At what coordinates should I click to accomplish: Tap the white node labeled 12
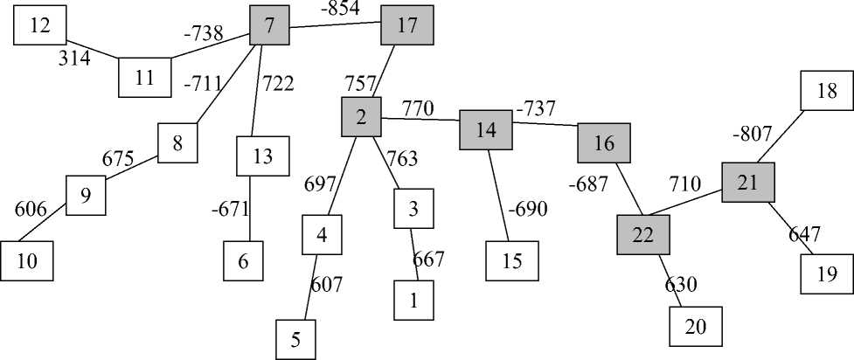(x=39, y=25)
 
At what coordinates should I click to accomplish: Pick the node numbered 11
(x=144, y=77)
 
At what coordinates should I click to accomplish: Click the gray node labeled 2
(x=361, y=117)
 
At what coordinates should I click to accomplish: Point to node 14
(x=486, y=130)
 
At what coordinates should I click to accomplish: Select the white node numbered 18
(x=827, y=92)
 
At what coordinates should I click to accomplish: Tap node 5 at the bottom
(x=295, y=340)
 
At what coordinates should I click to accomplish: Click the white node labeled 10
(x=26, y=260)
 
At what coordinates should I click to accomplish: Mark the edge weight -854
(x=340, y=9)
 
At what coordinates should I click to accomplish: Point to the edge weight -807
(x=751, y=135)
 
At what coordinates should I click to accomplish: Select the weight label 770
(x=418, y=108)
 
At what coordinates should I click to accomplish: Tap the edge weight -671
(x=231, y=210)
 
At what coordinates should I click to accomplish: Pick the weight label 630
(x=680, y=284)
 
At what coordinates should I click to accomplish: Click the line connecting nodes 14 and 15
(x=500, y=192)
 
